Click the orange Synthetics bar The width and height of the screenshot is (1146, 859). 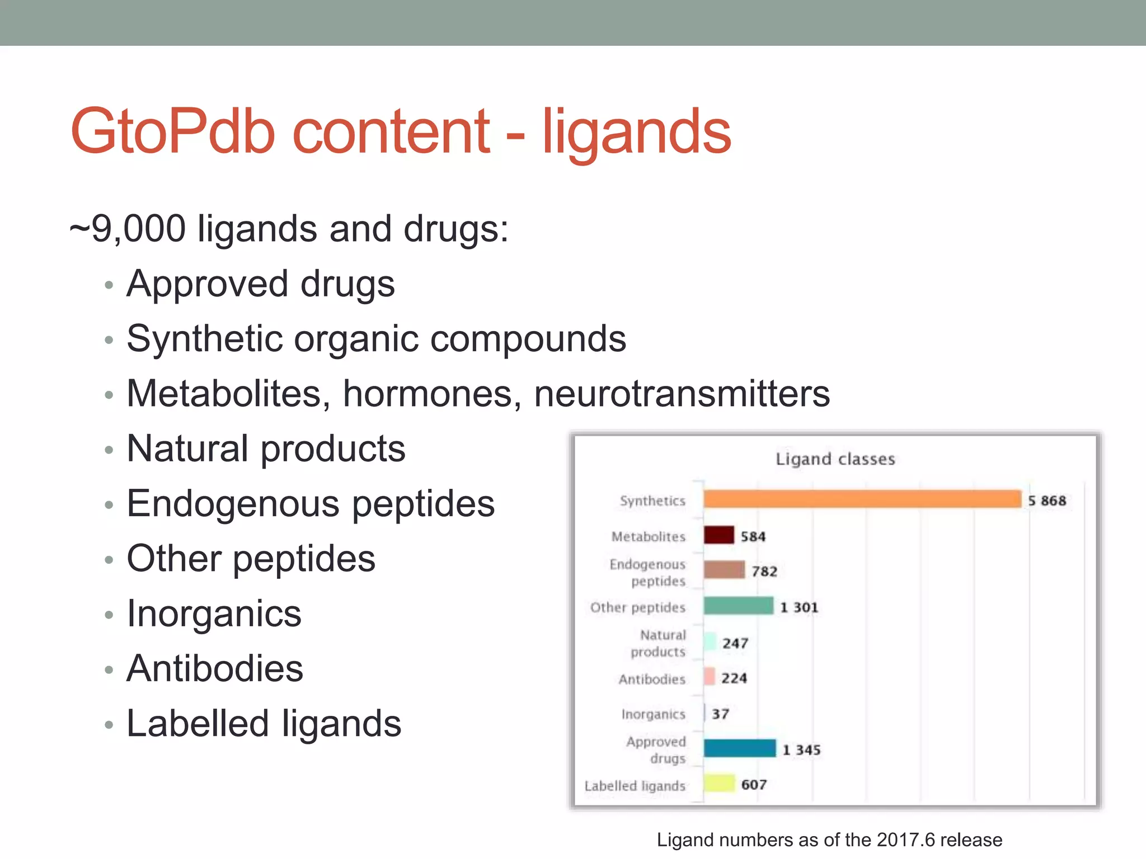(x=862, y=499)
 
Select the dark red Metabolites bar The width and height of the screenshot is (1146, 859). (x=718, y=535)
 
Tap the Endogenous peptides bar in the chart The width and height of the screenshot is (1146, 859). (x=724, y=570)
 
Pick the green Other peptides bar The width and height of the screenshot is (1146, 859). (x=738, y=606)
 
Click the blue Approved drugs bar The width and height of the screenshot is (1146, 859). (x=739, y=748)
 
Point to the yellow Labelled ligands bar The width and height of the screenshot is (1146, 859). (x=719, y=784)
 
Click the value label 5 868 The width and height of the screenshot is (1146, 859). (x=1047, y=501)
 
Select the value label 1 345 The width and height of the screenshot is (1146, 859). (x=801, y=750)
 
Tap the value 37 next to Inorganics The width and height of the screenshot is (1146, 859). (x=720, y=714)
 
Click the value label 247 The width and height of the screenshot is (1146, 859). (x=735, y=644)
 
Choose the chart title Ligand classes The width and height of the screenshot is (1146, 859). (x=835, y=459)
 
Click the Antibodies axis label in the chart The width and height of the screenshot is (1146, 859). (x=652, y=679)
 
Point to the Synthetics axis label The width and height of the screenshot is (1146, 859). (x=652, y=501)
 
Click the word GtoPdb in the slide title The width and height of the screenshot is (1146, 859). (x=173, y=132)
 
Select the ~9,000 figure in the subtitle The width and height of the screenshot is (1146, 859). (x=128, y=229)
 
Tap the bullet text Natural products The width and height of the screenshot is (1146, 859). (x=266, y=449)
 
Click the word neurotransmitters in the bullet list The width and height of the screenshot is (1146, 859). (x=682, y=394)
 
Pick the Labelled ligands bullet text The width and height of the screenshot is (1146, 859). (x=264, y=723)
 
